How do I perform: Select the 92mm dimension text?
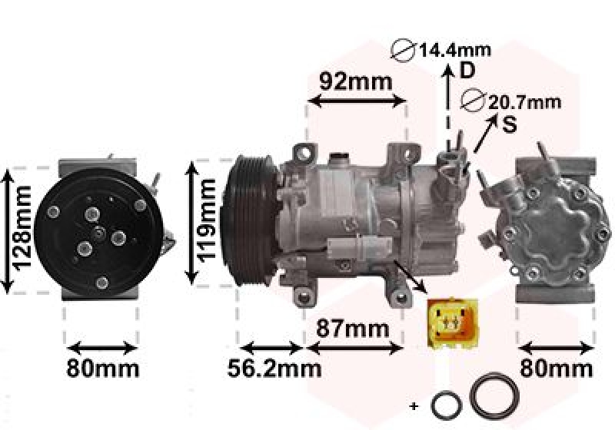click(x=356, y=81)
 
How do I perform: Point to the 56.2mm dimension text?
click(x=274, y=369)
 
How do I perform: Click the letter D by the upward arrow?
click(x=467, y=71)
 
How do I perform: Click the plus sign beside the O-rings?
click(x=414, y=405)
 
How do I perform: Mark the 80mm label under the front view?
click(x=102, y=369)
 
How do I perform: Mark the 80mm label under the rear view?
click(x=556, y=369)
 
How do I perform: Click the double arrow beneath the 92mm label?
click(x=356, y=101)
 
